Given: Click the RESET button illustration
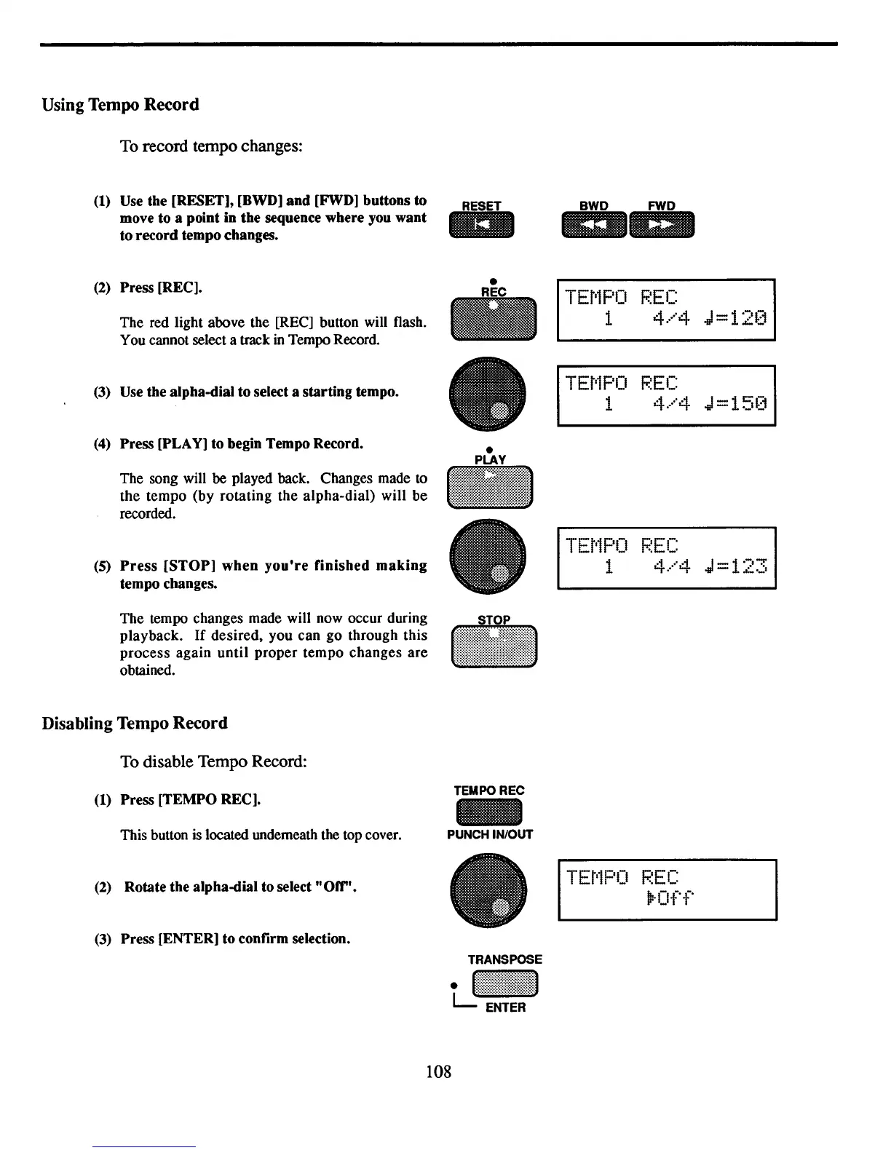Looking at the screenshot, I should point(482,225).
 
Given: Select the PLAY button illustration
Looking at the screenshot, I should point(491,486).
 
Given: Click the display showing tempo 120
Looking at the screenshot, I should point(666,309).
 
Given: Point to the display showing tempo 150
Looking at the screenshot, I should point(666,395).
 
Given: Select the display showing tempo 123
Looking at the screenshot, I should point(666,558).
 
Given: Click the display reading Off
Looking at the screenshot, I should point(667,889).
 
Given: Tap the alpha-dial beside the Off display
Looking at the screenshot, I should point(488,889).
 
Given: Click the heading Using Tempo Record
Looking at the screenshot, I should point(120,105).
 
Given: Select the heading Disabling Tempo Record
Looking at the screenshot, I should point(135,724).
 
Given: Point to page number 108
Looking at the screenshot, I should point(438,1071).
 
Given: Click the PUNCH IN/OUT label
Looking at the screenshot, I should point(490,835).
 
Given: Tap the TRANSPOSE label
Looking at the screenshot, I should point(504,959).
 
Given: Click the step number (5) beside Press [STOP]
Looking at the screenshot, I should point(103,566).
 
